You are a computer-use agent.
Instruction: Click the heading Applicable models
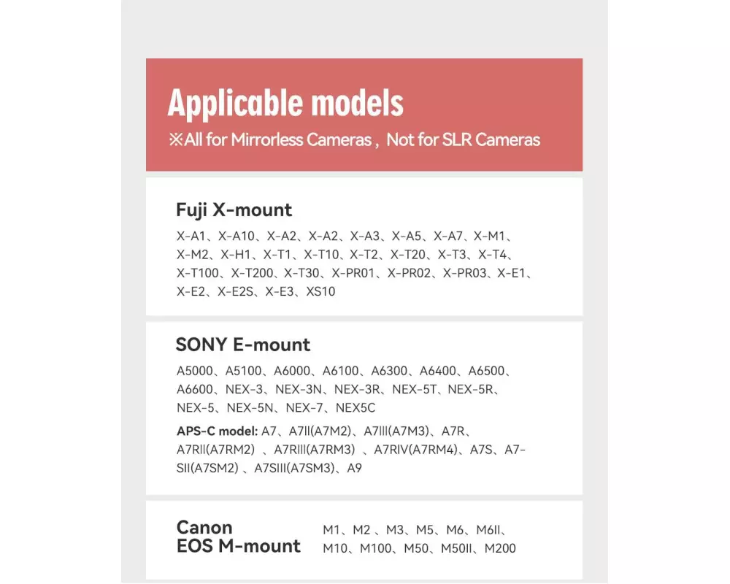pyautogui.click(x=285, y=103)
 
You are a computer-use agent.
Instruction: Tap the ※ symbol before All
pyautogui.click(x=176, y=140)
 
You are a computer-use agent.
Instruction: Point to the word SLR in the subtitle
pyautogui.click(x=456, y=140)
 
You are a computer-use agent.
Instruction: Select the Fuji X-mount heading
pyautogui.click(x=234, y=210)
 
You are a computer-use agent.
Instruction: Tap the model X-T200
pyautogui.click(x=252, y=273)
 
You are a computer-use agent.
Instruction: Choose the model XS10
pyautogui.click(x=320, y=291)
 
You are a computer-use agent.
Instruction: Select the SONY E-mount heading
pyautogui.click(x=243, y=345)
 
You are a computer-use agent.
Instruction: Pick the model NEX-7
pyautogui.click(x=305, y=407)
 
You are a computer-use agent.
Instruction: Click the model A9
pyautogui.click(x=354, y=468)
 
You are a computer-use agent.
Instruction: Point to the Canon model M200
pyautogui.click(x=499, y=548)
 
